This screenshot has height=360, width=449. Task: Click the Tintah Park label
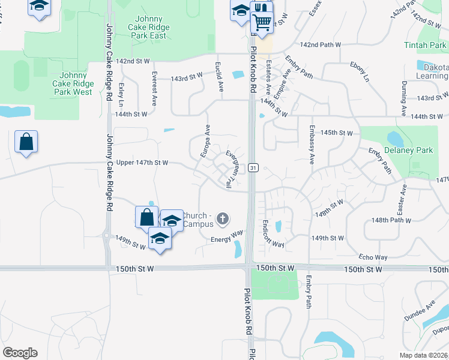425,46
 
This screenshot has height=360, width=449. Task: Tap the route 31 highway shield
254,168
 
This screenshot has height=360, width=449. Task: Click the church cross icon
223,218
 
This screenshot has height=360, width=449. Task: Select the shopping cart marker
262,23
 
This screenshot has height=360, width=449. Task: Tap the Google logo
20,353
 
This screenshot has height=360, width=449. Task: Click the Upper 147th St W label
142,163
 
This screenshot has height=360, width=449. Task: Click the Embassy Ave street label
312,145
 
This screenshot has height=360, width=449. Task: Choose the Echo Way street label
373,256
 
